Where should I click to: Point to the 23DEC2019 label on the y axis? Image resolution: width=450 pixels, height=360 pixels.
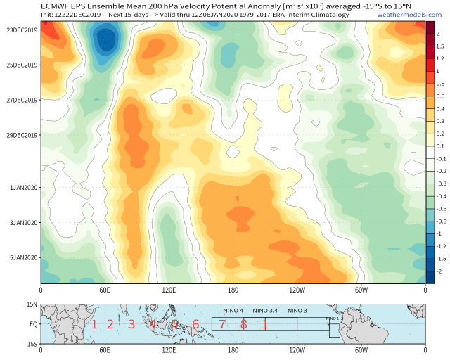click(x=21, y=30)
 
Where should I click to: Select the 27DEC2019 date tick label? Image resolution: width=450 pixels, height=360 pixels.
click(x=21, y=100)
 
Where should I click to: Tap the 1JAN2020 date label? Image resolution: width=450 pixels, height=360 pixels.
click(x=22, y=188)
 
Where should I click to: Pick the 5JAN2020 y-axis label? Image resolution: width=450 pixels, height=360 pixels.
click(x=22, y=257)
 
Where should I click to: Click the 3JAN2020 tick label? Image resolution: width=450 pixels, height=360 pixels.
click(x=22, y=223)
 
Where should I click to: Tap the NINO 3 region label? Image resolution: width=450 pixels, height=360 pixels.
click(x=297, y=311)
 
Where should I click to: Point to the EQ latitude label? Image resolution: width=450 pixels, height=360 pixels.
click(x=32, y=324)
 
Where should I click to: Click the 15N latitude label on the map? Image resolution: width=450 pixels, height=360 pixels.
click(x=32, y=304)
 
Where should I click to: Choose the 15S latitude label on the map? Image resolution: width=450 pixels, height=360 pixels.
click(x=32, y=344)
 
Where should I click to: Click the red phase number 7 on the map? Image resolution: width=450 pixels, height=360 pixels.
click(x=221, y=325)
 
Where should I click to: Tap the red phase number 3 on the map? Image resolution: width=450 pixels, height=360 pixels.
click(x=131, y=325)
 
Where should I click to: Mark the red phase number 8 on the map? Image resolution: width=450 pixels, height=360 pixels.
click(x=243, y=325)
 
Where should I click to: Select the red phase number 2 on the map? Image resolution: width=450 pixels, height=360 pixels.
click(x=110, y=325)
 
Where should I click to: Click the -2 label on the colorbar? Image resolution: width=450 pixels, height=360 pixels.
click(x=439, y=271)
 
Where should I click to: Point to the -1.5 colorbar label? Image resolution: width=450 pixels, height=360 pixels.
click(x=440, y=259)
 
